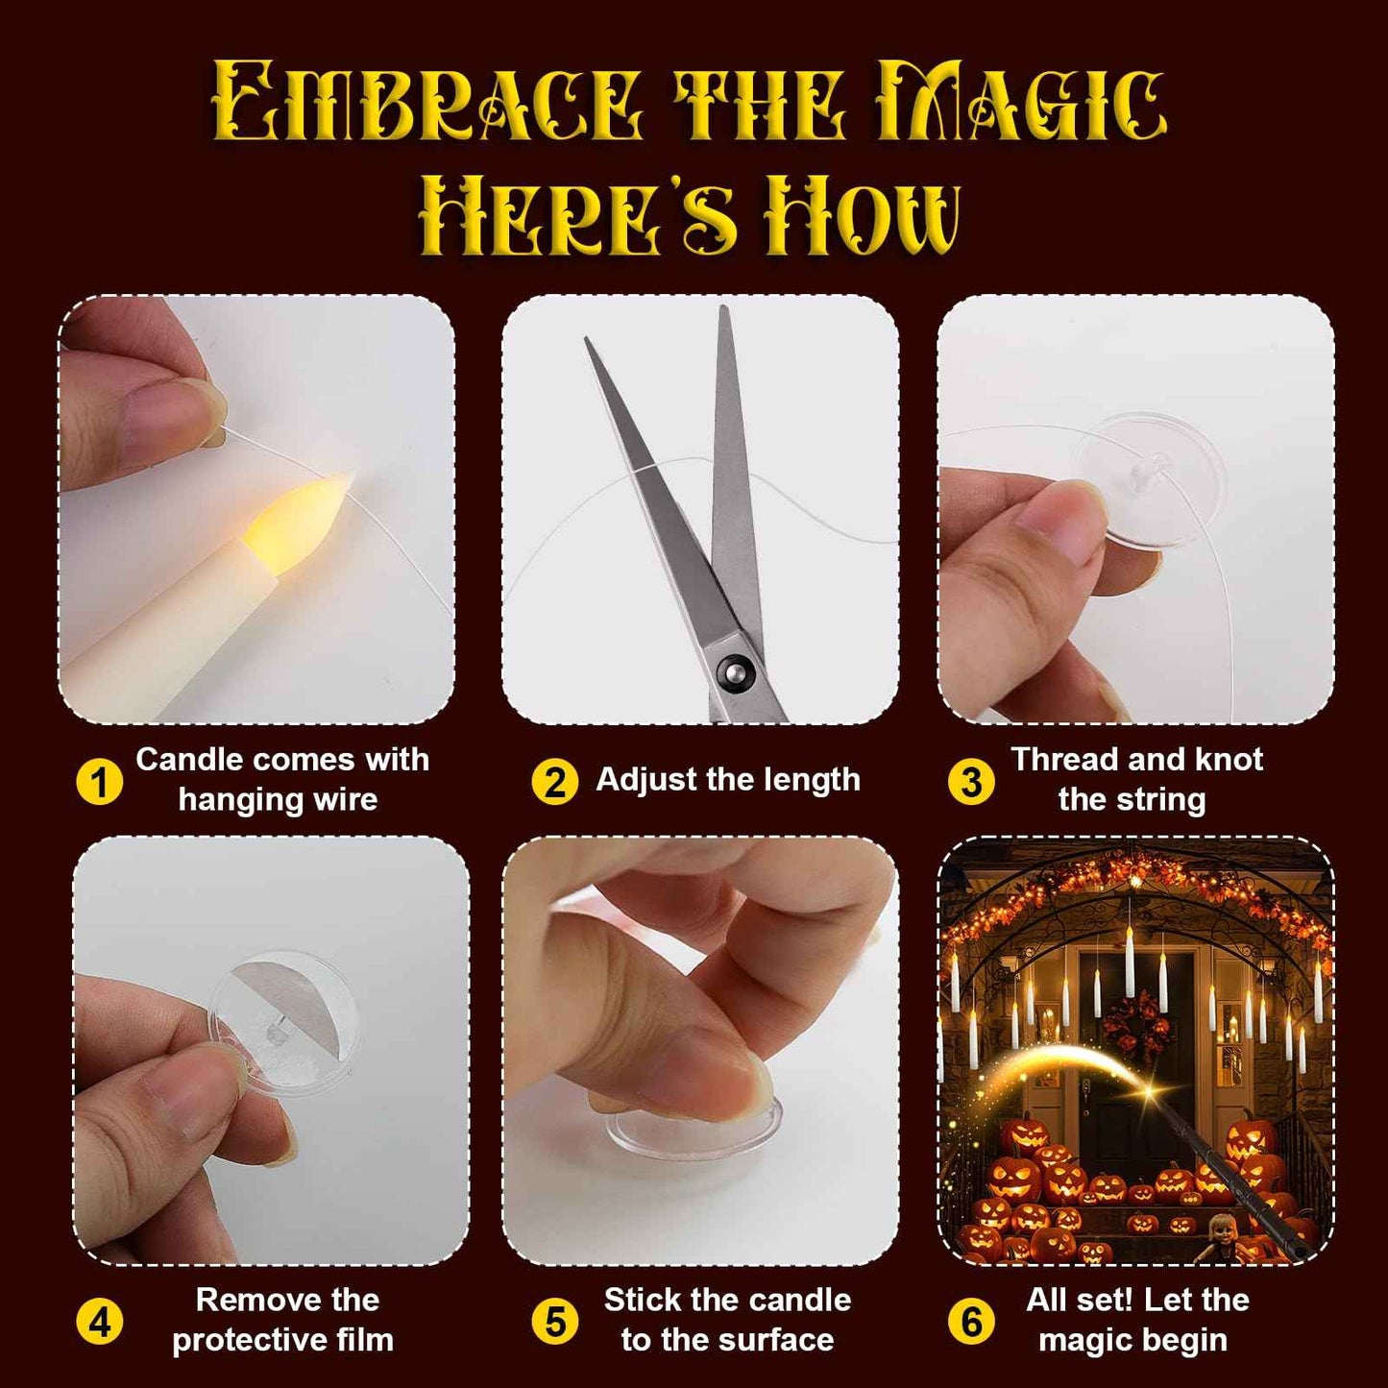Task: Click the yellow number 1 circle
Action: (x=99, y=782)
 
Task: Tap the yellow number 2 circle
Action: (x=554, y=782)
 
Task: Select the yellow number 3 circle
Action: (x=970, y=782)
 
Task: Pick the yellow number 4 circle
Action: (x=99, y=1323)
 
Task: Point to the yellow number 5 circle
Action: (x=554, y=1323)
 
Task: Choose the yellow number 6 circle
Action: (x=970, y=1323)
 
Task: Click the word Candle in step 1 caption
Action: (x=188, y=760)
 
